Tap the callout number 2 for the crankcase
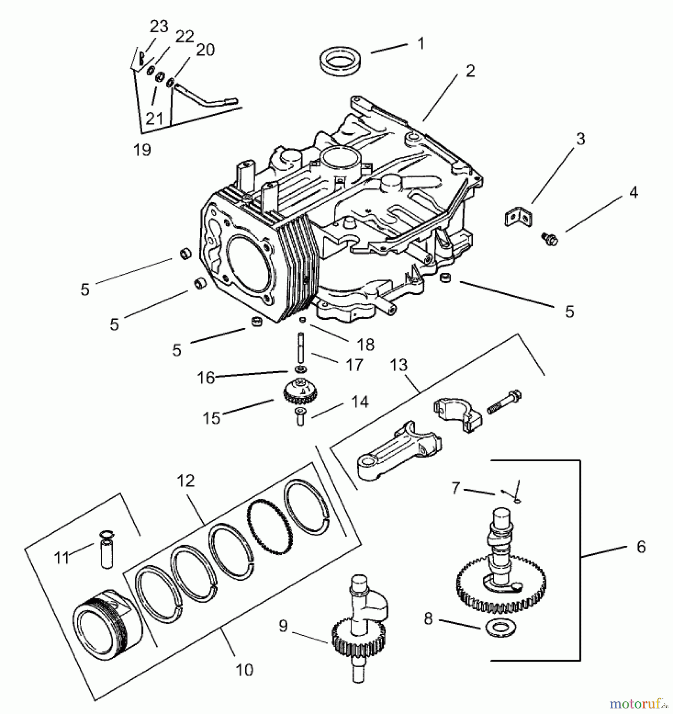pyautogui.click(x=470, y=71)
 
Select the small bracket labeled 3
pyautogui.click(x=518, y=217)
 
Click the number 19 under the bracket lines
pyautogui.click(x=142, y=150)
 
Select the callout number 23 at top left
pyautogui.click(x=159, y=27)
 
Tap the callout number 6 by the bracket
pyautogui.click(x=641, y=547)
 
